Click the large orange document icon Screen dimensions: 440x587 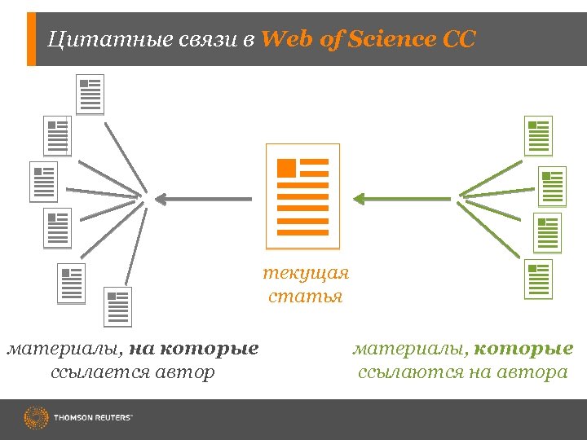(x=302, y=196)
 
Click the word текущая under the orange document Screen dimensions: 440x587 (x=306, y=272)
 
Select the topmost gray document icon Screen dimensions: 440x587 (x=90, y=95)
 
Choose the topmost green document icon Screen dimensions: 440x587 (x=538, y=135)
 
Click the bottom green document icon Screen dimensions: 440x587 (x=538, y=279)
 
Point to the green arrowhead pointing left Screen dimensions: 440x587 (x=360, y=197)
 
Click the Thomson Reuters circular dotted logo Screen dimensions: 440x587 (x=36, y=419)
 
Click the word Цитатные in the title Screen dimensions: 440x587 (x=90, y=39)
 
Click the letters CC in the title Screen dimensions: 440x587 (x=459, y=39)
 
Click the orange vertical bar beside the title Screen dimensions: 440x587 (x=31, y=39)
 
